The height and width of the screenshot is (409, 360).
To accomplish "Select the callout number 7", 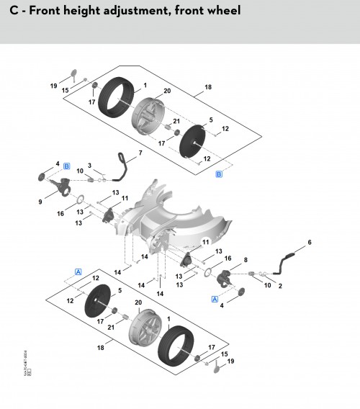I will click(x=140, y=153).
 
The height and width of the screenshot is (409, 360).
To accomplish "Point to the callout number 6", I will click(x=310, y=243).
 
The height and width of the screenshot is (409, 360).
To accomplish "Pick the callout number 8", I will click(x=246, y=259).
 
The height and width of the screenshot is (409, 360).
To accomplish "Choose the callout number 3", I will click(x=89, y=166).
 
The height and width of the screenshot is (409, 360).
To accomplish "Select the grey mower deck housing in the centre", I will click(x=173, y=216).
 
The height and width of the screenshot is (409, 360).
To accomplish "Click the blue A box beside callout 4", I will click(x=214, y=298).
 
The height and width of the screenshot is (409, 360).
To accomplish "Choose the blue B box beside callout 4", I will click(x=66, y=166).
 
